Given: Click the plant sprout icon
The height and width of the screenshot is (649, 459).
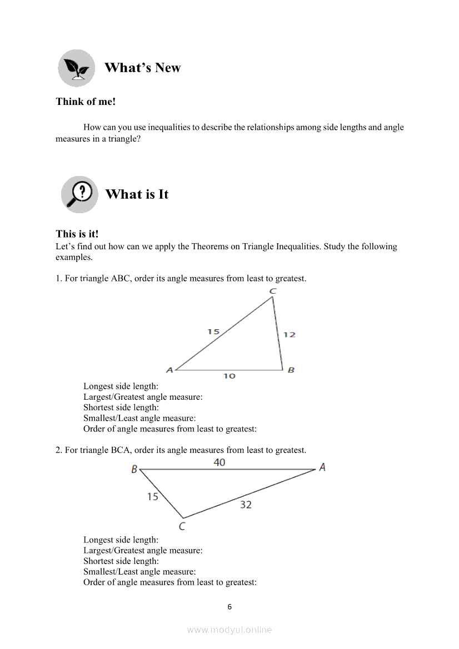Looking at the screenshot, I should (x=77, y=68).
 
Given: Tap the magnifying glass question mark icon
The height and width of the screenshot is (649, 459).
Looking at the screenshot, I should (x=79, y=194).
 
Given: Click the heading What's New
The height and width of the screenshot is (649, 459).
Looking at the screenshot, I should (x=142, y=68).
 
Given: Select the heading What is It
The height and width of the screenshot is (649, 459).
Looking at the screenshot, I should (x=137, y=194).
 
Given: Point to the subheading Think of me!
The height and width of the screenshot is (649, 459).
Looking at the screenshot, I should (x=86, y=102).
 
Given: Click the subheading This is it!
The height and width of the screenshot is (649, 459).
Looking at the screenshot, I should (x=77, y=234).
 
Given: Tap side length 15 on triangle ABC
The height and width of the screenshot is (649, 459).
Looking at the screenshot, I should (x=213, y=332).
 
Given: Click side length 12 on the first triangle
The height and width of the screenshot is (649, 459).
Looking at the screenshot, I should (x=289, y=335).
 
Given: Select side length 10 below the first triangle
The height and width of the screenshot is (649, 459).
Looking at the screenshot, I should (x=229, y=376).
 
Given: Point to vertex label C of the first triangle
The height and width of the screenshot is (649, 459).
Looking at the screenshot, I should (x=273, y=291).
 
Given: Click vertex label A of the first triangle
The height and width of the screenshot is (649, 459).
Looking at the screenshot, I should (x=169, y=370).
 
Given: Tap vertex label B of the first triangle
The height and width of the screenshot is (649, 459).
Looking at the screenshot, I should (x=291, y=370).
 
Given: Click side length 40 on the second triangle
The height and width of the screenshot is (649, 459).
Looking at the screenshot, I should (x=219, y=462).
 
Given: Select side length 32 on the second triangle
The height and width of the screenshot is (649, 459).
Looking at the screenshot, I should (x=246, y=504).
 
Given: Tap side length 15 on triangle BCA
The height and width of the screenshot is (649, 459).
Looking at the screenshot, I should (x=153, y=496).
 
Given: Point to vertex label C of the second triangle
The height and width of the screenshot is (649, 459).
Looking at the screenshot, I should (x=182, y=526).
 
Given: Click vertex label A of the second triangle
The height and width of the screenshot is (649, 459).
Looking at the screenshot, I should (x=322, y=467).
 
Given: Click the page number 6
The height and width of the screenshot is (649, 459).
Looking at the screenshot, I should (x=229, y=607).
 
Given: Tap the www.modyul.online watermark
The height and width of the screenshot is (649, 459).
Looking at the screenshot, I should (x=229, y=630).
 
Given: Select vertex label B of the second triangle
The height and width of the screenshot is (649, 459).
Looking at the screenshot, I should (x=134, y=470).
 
